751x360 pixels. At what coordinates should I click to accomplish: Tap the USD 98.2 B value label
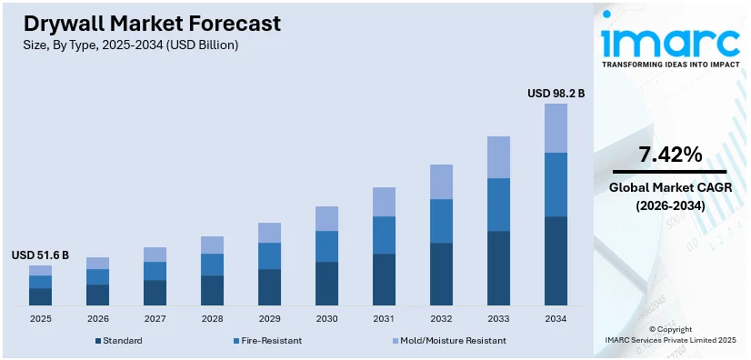[x=556, y=93]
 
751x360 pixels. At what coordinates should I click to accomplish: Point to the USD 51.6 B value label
[x=40, y=255]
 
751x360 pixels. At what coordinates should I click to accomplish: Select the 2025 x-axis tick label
[x=40, y=318]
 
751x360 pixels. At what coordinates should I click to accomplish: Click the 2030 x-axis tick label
[x=326, y=318]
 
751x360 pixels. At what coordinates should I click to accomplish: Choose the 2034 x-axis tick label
[x=556, y=318]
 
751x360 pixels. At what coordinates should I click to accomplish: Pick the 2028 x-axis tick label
[x=212, y=318]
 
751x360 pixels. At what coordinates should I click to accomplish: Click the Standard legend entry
[x=119, y=340]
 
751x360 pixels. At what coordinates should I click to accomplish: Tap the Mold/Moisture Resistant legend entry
[x=444, y=340]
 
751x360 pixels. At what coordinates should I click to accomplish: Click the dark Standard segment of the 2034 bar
[x=556, y=260]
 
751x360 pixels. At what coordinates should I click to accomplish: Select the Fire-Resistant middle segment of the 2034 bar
[x=556, y=185]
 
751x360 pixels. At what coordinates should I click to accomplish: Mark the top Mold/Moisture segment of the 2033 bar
[x=498, y=157]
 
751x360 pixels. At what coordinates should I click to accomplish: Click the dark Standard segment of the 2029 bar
[x=269, y=286]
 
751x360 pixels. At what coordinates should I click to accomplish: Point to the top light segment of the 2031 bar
[x=384, y=202]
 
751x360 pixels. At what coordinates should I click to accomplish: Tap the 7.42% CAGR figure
[x=670, y=155]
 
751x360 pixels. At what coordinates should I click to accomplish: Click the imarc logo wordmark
[x=670, y=44]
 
